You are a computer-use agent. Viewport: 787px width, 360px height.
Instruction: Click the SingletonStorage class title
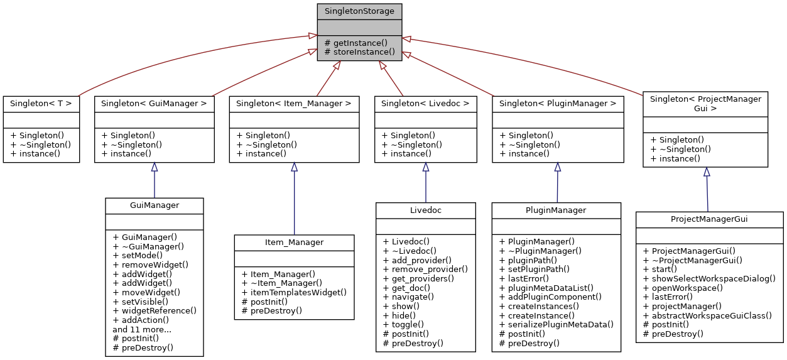(x=359, y=11)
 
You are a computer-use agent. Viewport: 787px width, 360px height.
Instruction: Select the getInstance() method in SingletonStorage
(x=360, y=43)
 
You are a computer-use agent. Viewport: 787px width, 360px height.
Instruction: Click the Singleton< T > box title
(x=41, y=103)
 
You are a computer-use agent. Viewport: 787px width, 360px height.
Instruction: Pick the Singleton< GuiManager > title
(x=155, y=103)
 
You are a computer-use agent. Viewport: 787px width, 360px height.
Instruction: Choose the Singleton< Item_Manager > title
(x=293, y=103)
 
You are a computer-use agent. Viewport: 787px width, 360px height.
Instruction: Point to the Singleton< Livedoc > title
(x=425, y=103)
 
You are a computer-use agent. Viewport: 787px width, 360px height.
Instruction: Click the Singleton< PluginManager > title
(x=558, y=103)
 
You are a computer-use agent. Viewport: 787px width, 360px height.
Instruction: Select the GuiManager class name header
(x=155, y=205)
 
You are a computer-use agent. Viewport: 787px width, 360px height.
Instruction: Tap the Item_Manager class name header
(x=294, y=242)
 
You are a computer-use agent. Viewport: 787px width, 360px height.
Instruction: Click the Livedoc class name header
(x=425, y=209)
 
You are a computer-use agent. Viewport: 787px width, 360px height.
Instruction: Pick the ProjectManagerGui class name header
(x=709, y=219)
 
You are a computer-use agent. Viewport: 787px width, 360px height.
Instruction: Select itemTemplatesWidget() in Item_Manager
(x=294, y=292)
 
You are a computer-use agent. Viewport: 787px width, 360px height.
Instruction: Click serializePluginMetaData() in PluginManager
(x=556, y=324)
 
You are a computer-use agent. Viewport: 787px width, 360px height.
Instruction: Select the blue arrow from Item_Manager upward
(x=294, y=201)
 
